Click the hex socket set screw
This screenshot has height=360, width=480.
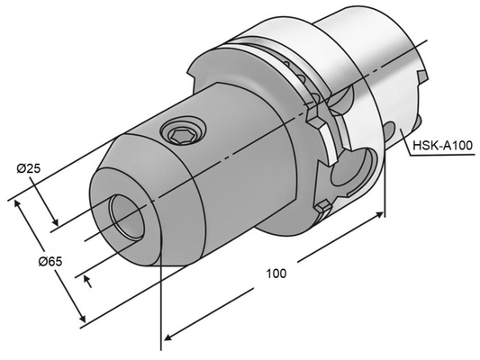click(178, 135)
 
